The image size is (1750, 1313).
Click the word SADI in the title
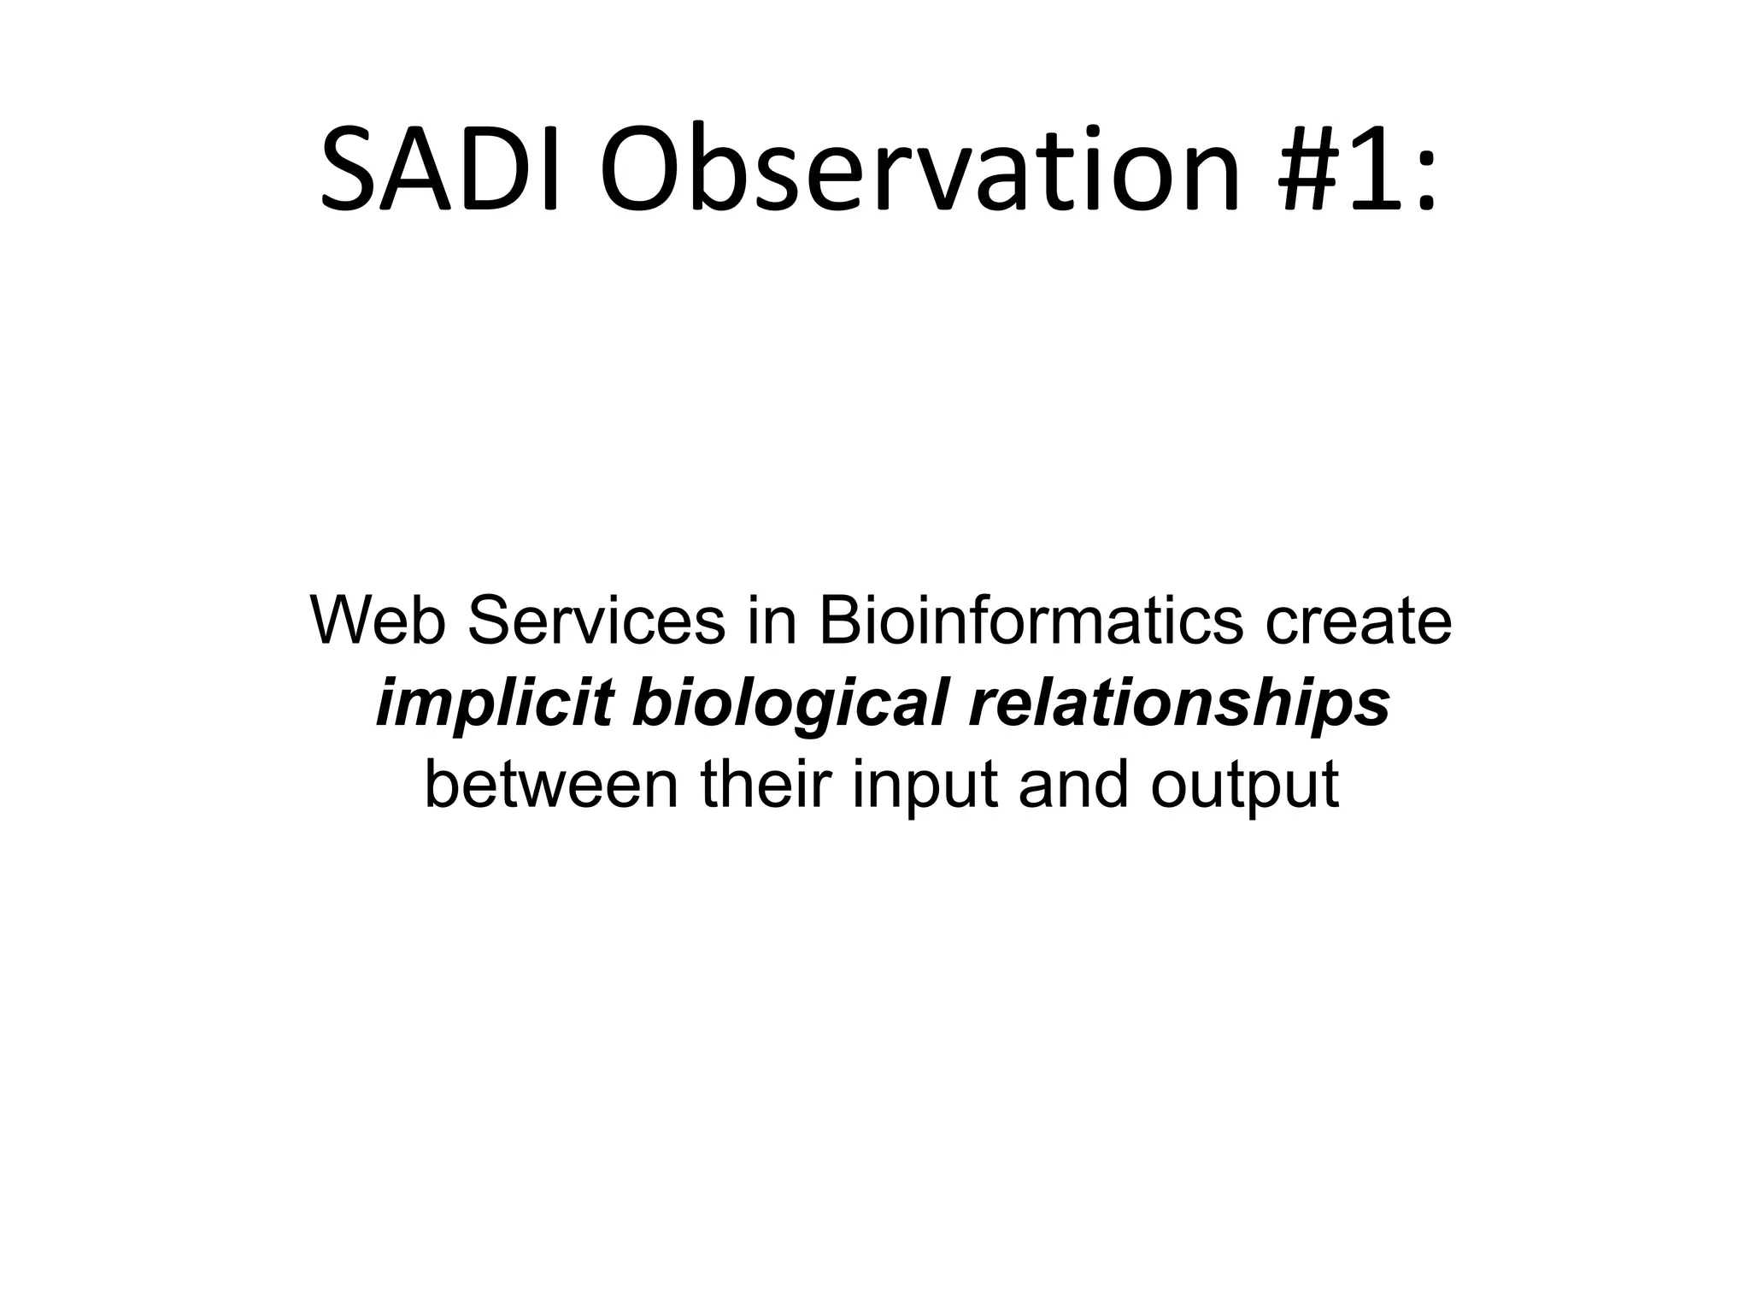[439, 169]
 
